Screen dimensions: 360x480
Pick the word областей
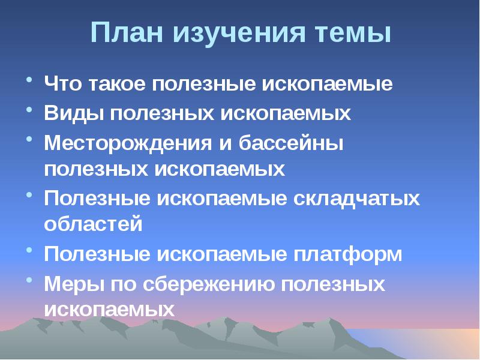point(93,225)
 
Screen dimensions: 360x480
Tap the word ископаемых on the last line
point(109,310)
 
